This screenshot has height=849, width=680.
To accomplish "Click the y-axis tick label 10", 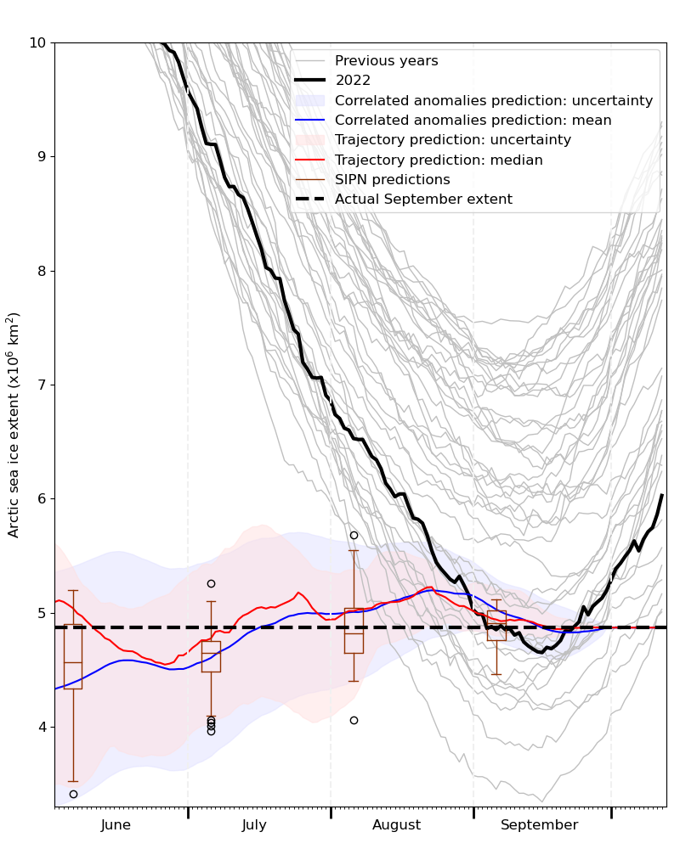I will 39,42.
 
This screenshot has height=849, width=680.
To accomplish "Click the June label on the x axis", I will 116,825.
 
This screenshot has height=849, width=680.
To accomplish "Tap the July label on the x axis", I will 254,825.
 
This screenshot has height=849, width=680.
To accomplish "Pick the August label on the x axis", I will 396,825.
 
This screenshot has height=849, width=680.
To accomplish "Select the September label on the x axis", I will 539,825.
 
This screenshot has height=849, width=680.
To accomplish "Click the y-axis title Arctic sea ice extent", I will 14,424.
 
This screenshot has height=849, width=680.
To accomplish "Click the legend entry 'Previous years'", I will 386,61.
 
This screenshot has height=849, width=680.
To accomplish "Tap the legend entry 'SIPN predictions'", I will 392,180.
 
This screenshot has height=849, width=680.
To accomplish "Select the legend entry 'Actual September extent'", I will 423,200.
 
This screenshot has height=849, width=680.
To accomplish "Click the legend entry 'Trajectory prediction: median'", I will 439,160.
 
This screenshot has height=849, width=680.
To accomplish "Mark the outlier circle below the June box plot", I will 73,794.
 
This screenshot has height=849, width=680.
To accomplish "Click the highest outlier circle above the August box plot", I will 354,535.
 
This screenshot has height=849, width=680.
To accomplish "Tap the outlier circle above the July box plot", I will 211,583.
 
